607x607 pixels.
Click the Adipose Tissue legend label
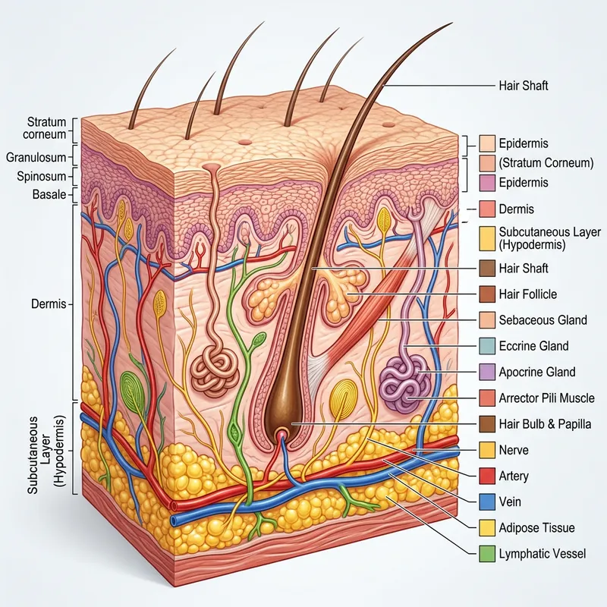[x=536, y=527]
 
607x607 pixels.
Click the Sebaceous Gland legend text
[x=543, y=319]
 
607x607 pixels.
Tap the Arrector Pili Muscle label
[x=546, y=398]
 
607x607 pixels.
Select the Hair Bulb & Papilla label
[x=545, y=423]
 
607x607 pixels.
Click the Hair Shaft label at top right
[x=524, y=86]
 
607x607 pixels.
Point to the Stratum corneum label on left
[x=46, y=128]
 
